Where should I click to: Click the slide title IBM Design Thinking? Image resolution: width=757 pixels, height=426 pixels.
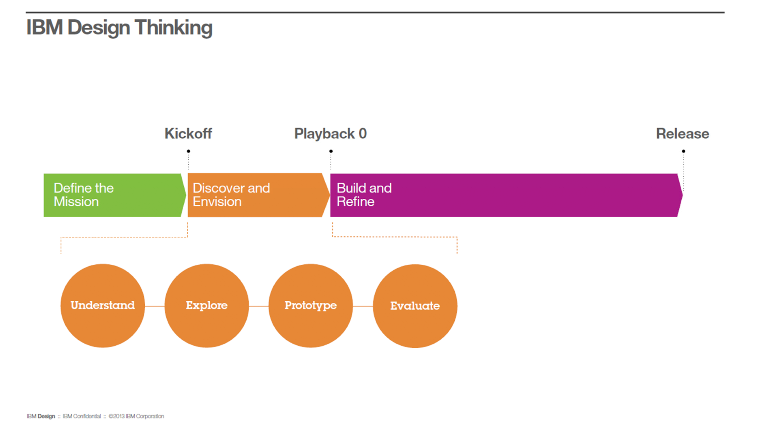pyautogui.click(x=119, y=27)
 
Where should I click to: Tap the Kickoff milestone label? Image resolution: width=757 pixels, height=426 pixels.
pyautogui.click(x=188, y=134)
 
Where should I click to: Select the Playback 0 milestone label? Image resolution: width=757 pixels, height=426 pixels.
pyautogui.click(x=330, y=134)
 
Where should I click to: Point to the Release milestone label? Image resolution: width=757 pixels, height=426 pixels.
pyautogui.click(x=682, y=134)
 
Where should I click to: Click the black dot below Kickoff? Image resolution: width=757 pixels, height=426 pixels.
pyautogui.click(x=189, y=151)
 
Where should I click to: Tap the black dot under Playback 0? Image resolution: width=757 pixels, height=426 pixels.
pyautogui.click(x=331, y=151)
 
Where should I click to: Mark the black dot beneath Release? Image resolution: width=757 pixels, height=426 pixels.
pyautogui.click(x=684, y=151)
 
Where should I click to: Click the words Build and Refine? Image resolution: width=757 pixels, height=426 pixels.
pyautogui.click(x=364, y=195)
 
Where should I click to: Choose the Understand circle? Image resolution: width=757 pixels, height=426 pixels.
pyautogui.click(x=102, y=306)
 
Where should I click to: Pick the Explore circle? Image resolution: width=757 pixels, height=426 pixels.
pyautogui.click(x=207, y=306)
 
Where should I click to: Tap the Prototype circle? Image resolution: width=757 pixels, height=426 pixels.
pyautogui.click(x=311, y=306)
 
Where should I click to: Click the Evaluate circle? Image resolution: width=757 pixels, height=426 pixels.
pyautogui.click(x=415, y=306)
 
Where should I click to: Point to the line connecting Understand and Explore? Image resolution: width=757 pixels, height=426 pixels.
pyautogui.click(x=155, y=306)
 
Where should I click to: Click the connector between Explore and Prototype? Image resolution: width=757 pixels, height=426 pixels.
pyautogui.click(x=259, y=306)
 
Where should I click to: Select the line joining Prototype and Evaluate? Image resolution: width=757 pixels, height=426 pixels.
pyautogui.click(x=363, y=306)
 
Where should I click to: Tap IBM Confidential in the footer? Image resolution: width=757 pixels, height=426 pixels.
pyautogui.click(x=82, y=416)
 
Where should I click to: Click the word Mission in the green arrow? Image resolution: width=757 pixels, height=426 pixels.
pyautogui.click(x=76, y=202)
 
